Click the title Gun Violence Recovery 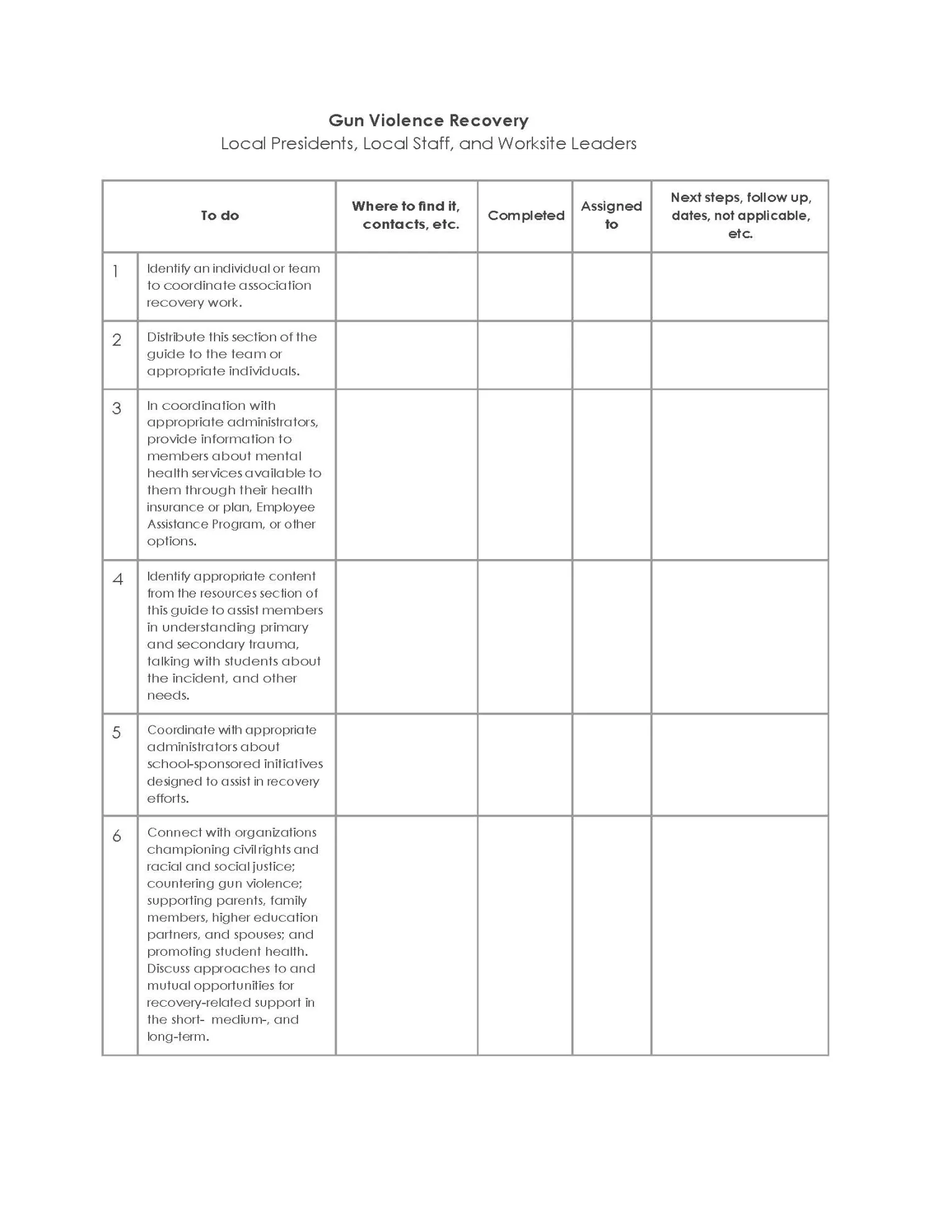(429, 120)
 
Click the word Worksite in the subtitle (531, 144)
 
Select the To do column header (220, 216)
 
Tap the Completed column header (526, 216)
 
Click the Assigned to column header (611, 215)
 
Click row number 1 (116, 271)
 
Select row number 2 (116, 340)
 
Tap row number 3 (116, 408)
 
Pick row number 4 (117, 579)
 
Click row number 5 (116, 733)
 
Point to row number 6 (116, 836)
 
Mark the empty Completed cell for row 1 (525, 287)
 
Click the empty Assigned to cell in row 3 (611, 474)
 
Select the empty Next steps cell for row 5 (740, 764)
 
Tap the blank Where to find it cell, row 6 (406, 935)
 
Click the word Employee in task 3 (285, 507)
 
